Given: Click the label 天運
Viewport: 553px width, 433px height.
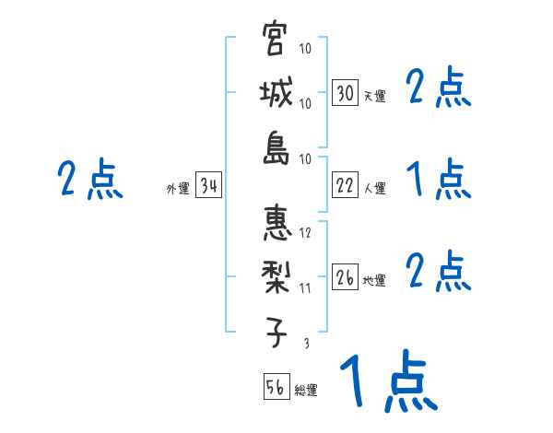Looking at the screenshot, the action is (x=374, y=96).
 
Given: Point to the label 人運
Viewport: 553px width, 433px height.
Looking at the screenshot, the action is (x=374, y=188).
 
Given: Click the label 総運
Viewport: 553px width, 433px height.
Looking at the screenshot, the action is (x=306, y=390).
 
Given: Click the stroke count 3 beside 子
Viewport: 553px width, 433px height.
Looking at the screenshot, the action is (x=306, y=344).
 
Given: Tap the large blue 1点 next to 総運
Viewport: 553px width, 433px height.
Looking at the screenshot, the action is (x=387, y=380).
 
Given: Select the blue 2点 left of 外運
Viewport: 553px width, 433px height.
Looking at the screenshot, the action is (x=89, y=180).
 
